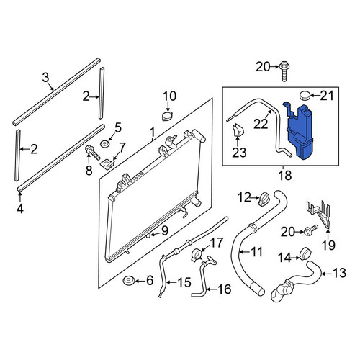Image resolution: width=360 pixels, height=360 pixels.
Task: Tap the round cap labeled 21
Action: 305,95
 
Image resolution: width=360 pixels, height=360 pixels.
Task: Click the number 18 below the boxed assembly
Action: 285,175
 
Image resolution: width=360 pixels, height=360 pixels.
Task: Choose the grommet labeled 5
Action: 104,145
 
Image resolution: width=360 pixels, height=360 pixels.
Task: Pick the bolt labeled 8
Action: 92,153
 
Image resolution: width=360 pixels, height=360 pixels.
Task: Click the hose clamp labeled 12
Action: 264,199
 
